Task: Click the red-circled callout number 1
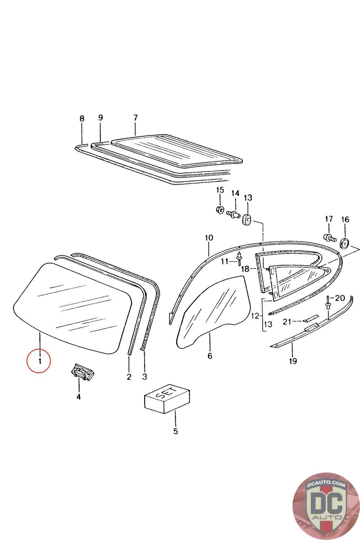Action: tap(40, 361)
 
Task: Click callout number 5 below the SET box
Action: tap(175, 431)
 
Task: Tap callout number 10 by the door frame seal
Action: tap(209, 238)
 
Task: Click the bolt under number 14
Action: tap(233, 213)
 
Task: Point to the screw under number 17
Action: tap(329, 238)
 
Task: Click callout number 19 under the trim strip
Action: tap(293, 361)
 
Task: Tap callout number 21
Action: tap(287, 322)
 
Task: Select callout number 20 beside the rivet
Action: tap(340, 298)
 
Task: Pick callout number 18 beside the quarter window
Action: tap(246, 269)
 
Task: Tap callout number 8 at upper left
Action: tap(82, 119)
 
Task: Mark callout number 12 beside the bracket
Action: tap(255, 316)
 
